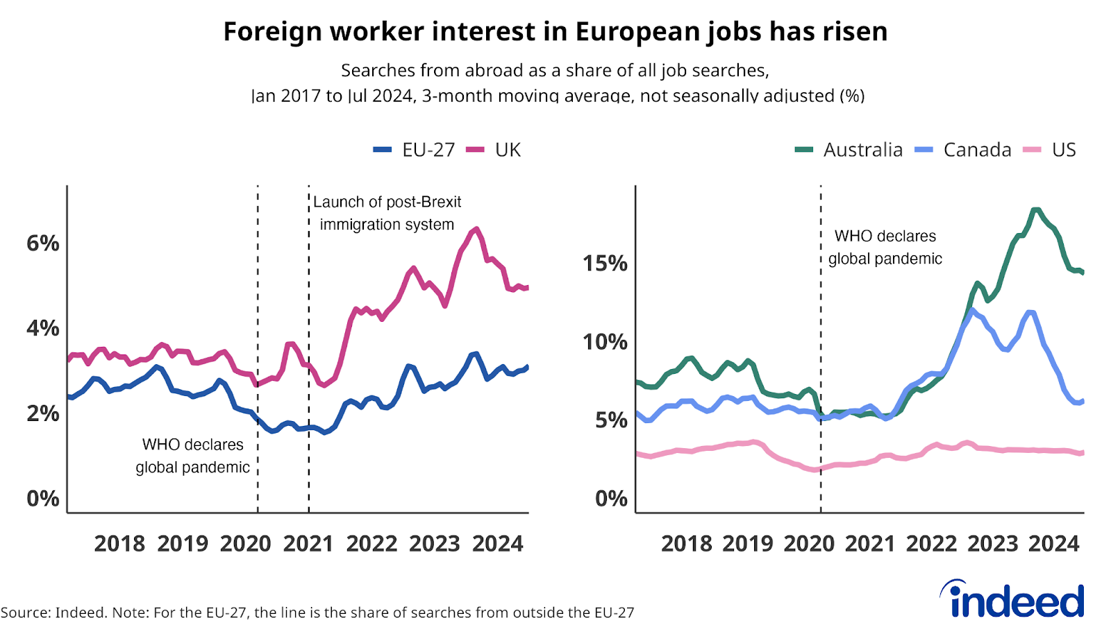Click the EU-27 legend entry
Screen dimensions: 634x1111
tap(415, 150)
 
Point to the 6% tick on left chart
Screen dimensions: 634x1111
tap(43, 243)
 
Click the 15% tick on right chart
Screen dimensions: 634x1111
tap(605, 264)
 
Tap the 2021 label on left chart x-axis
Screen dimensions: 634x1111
tap(308, 544)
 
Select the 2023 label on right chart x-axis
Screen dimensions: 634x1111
tap(992, 544)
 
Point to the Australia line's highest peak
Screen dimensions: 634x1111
tap(1035, 209)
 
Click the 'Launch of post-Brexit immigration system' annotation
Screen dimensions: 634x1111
tap(387, 213)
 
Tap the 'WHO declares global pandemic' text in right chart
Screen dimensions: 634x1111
tap(885, 248)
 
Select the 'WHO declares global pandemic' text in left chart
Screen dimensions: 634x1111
tap(192, 456)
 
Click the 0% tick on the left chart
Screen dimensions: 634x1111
tap(43, 499)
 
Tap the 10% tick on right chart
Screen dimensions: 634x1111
tap(605, 342)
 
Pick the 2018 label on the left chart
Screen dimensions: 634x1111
tap(119, 544)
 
